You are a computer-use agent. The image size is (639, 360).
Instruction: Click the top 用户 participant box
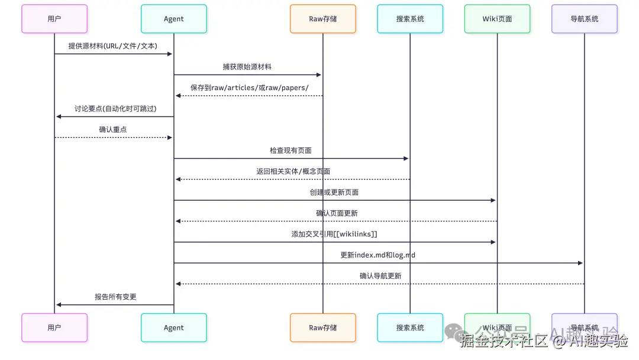(54, 19)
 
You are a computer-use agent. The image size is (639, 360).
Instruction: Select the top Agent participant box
(174, 19)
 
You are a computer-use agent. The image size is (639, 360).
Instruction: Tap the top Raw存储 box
(323, 19)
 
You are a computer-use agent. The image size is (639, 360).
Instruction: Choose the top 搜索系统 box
(410, 19)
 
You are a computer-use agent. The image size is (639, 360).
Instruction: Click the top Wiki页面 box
(497, 19)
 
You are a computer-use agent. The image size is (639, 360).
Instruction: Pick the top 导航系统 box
(584, 19)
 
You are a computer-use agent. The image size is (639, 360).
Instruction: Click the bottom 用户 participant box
(54, 327)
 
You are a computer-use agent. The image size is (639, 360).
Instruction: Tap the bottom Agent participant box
(174, 327)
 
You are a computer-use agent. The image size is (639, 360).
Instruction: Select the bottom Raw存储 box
(323, 327)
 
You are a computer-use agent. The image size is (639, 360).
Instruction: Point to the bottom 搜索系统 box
(410, 327)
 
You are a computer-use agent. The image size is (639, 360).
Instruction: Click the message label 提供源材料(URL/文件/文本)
(113, 46)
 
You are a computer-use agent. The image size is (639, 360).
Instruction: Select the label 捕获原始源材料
(248, 67)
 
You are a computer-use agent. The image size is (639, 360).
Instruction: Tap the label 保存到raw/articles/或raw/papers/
(249, 88)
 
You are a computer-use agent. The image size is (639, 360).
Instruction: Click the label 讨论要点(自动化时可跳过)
(115, 108)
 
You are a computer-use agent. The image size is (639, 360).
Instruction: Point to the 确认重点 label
(113, 129)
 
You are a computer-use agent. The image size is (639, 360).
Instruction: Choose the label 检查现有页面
(291, 150)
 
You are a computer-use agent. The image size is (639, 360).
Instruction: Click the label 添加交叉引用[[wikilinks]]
(334, 234)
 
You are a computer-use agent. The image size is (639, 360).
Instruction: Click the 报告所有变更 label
(115, 297)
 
